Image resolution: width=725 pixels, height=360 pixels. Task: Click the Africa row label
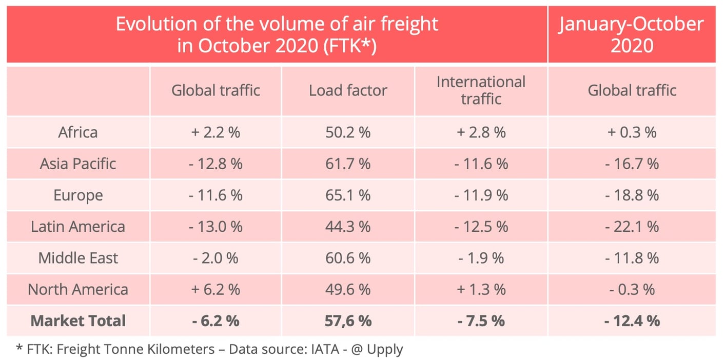(78, 132)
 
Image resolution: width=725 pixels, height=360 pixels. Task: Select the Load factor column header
(348, 91)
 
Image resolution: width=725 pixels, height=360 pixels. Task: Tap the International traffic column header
(481, 90)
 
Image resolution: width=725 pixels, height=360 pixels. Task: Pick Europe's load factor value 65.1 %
(348, 195)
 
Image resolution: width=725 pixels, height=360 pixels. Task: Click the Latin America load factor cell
(348, 227)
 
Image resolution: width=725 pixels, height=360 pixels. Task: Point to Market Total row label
(78, 321)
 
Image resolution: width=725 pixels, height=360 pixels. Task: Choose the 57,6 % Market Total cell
(348, 321)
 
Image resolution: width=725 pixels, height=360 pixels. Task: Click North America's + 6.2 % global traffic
(215, 290)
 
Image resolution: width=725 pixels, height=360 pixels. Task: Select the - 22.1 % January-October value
(632, 227)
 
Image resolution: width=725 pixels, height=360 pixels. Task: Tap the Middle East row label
(78, 258)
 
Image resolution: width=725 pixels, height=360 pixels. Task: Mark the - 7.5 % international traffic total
(481, 321)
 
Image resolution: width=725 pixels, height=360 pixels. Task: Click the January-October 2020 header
(632, 34)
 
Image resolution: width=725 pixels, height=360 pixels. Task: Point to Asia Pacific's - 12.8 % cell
(215, 164)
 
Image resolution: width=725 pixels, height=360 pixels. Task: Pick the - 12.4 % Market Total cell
(632, 321)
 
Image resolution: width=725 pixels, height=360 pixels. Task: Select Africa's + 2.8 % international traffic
(481, 132)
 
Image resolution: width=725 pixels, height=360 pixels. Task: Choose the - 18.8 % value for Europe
(632, 195)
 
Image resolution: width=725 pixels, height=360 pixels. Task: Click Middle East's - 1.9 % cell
(481, 258)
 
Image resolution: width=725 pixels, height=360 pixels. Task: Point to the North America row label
(78, 290)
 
